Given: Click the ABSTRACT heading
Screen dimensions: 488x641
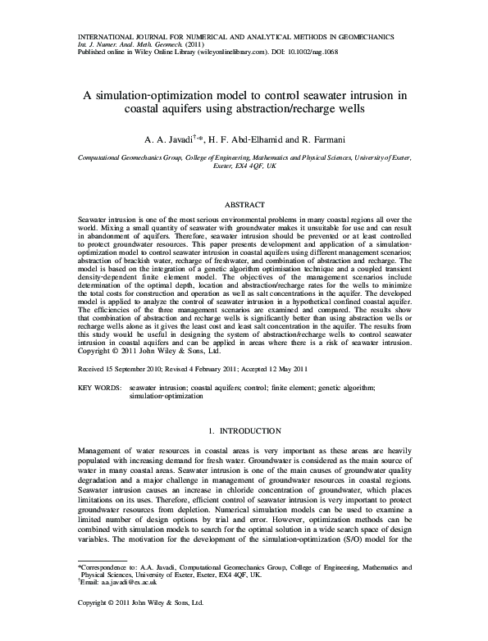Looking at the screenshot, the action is [244, 203].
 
